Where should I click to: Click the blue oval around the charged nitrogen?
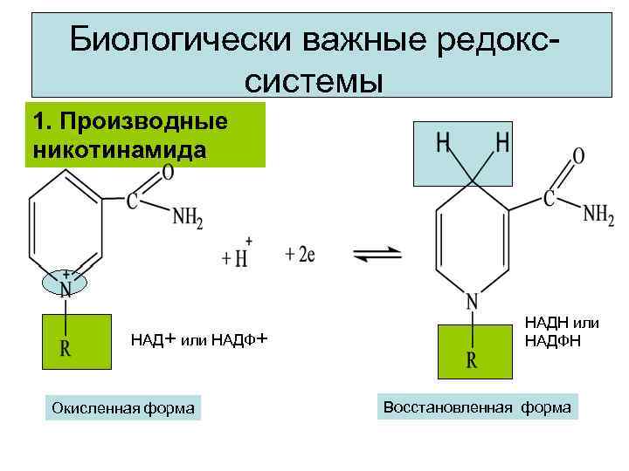tap(66, 282)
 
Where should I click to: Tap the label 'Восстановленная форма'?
tap(477, 407)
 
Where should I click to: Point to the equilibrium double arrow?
tap(377, 255)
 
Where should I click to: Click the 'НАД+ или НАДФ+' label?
tap(198, 339)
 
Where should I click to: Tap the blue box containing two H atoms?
tap(472, 152)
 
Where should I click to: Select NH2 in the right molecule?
tap(598, 213)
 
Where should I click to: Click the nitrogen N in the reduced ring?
tap(472, 302)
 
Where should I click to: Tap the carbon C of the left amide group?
tap(132, 202)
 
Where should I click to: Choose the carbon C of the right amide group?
tap(550, 198)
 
